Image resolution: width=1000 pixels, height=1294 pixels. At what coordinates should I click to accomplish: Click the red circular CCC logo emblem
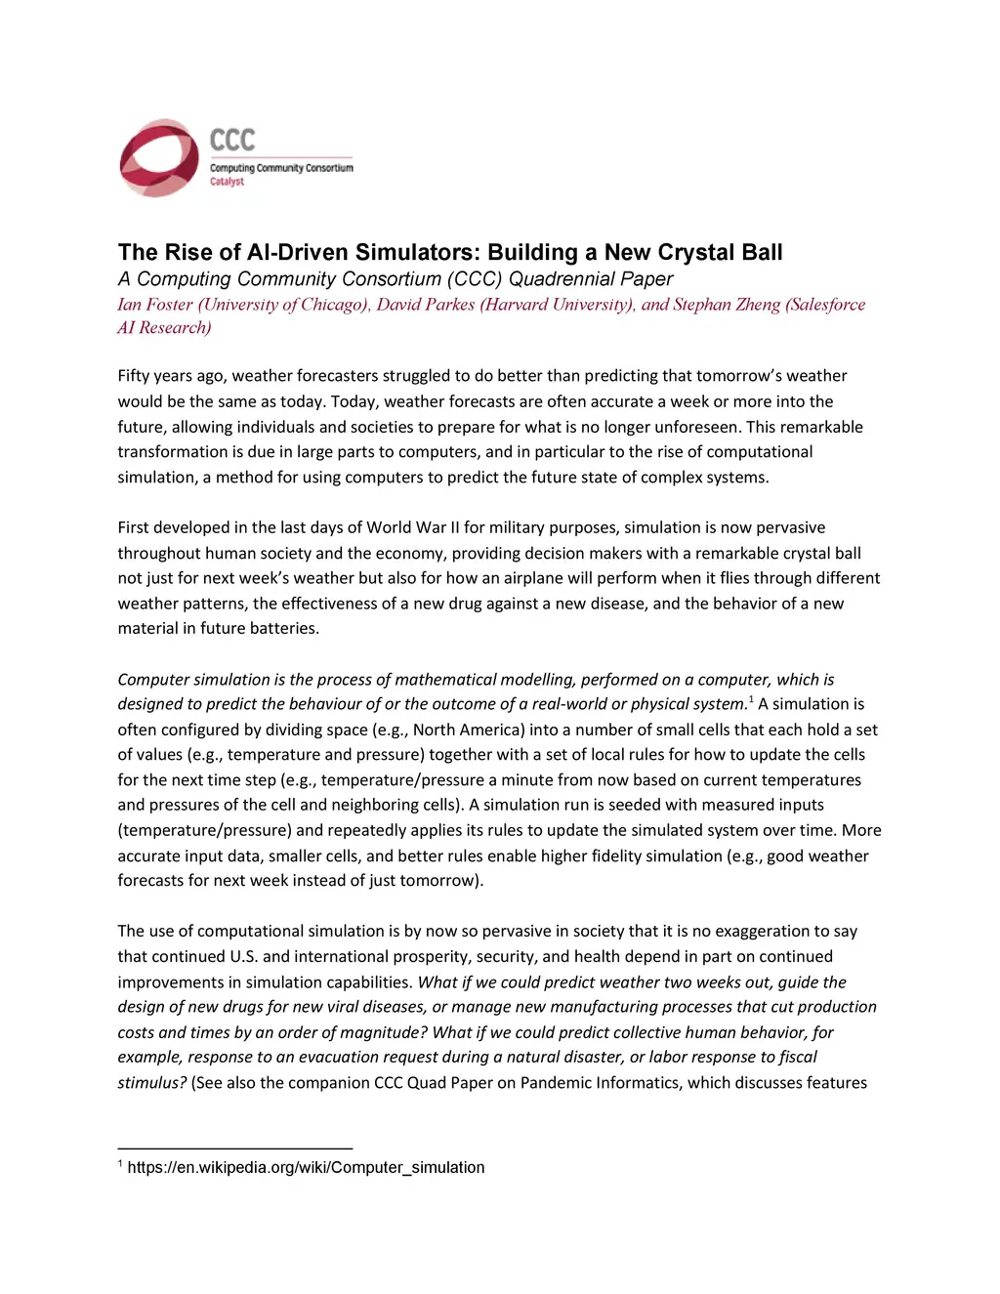(x=159, y=158)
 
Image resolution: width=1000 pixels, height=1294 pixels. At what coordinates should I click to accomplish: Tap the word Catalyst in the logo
(x=227, y=182)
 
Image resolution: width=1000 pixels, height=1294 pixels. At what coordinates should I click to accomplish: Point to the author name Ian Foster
(x=155, y=305)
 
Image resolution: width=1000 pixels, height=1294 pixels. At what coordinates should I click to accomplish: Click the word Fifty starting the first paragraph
(x=134, y=376)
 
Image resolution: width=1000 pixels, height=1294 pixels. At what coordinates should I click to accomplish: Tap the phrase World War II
(x=413, y=527)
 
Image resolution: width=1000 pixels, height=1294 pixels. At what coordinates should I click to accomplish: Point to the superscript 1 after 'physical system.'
(x=750, y=699)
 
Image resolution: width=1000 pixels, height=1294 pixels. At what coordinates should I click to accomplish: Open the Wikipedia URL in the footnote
(x=306, y=1167)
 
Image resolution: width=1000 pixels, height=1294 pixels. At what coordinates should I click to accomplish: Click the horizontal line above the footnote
(x=234, y=1148)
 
